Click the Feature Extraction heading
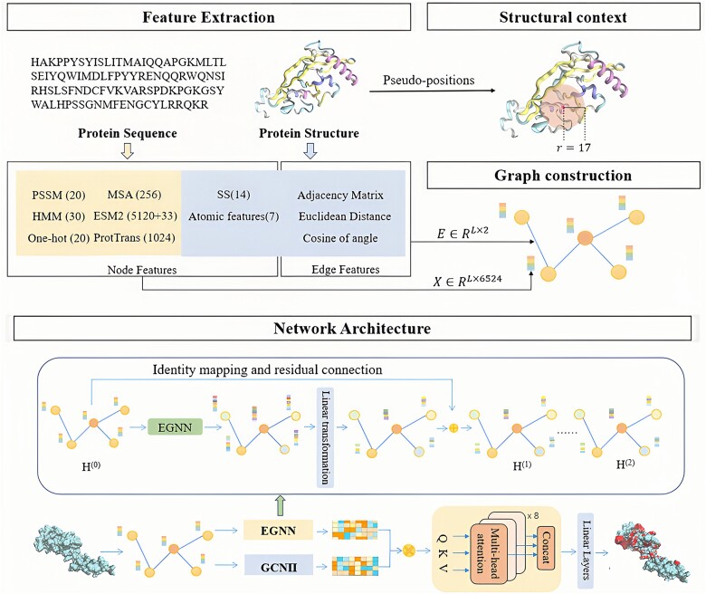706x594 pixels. pos(208,17)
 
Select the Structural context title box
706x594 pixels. pos(563,17)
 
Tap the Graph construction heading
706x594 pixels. pos(563,175)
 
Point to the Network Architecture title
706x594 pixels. pos(352,329)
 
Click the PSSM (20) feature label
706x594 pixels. pos(59,195)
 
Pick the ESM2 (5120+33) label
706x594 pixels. pos(135,216)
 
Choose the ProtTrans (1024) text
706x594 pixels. pos(134,238)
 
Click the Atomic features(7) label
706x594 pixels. pos(234,216)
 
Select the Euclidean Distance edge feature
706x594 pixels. pos(345,216)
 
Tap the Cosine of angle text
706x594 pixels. pos(340,238)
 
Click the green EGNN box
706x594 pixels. pos(175,426)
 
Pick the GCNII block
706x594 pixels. pos(278,567)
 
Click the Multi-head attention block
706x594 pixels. pos(486,550)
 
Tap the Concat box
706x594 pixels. pos(545,547)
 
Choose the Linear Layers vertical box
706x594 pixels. pos(586,551)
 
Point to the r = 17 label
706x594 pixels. pos(573,148)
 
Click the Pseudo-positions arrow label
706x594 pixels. pos(429,81)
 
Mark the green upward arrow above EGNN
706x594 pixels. pos(281,505)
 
